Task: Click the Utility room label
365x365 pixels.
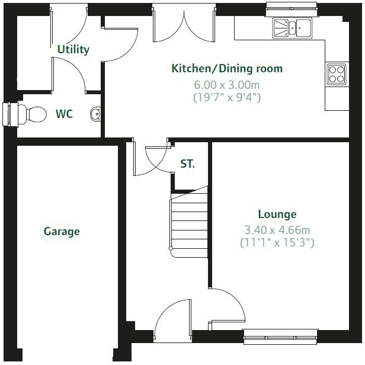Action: [x=73, y=49]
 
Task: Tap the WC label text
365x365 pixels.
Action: [x=64, y=114]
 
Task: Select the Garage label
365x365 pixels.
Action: [x=62, y=231]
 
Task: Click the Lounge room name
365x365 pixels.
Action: [x=277, y=214]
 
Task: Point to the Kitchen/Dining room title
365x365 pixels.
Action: [x=227, y=69]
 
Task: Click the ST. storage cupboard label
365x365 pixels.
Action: [x=187, y=164]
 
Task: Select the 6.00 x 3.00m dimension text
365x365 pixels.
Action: [x=227, y=84]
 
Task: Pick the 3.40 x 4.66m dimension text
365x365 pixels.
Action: [x=277, y=230]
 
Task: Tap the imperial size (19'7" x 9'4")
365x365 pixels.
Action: [x=227, y=97]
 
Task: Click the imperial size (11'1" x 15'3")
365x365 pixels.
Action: [x=277, y=242]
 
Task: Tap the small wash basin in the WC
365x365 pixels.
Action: [x=96, y=113]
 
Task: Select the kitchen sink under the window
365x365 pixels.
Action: [x=292, y=27]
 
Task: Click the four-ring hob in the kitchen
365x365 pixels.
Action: [x=337, y=73]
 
